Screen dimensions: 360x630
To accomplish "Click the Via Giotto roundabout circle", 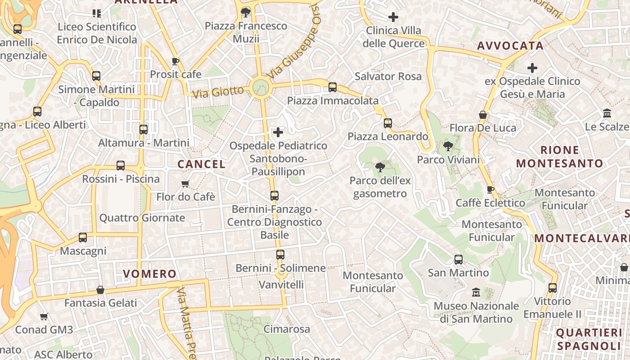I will [x=261, y=86].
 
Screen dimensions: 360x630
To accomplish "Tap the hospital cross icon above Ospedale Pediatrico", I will [x=278, y=132].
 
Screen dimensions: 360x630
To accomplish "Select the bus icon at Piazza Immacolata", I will [x=333, y=87].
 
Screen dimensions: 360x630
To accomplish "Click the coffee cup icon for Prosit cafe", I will [x=175, y=61].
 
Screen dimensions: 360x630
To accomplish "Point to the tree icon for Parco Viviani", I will [x=448, y=146].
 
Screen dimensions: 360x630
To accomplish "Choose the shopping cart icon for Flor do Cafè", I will [x=185, y=184].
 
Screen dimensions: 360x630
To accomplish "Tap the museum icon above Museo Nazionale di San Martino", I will [x=476, y=293].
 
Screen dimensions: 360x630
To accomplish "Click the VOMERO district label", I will [x=150, y=274].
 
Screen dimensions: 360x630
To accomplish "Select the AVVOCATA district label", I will [x=510, y=46].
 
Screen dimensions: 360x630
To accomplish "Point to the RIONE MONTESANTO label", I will [x=559, y=157].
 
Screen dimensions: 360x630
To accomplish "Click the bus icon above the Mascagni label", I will [x=83, y=237].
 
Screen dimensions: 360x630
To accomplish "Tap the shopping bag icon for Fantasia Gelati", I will [x=100, y=290].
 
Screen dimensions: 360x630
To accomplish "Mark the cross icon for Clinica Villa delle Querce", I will [x=393, y=18].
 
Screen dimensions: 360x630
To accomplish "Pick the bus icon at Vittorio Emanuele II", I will [x=553, y=288].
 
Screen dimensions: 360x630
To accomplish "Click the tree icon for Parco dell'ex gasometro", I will [x=380, y=167].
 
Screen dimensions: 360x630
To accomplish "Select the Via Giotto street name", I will [x=218, y=92].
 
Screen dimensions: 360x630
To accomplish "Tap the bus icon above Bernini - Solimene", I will [x=280, y=255].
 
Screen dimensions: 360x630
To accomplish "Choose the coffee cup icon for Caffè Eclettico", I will [x=490, y=190].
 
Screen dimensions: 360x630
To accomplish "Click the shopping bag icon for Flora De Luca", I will [x=483, y=115].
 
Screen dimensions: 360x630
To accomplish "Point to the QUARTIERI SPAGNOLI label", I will [x=589, y=339].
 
